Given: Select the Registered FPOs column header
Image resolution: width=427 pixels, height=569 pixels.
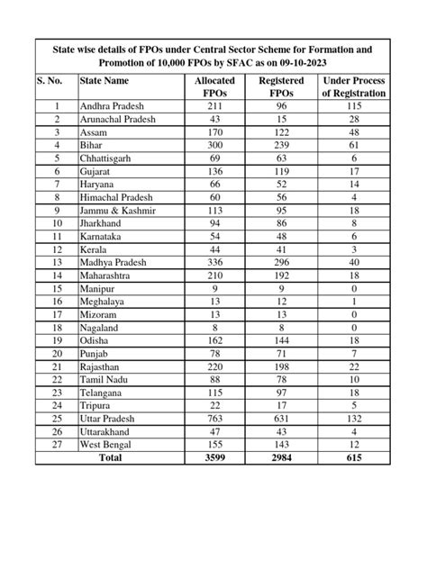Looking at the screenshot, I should coord(281,87).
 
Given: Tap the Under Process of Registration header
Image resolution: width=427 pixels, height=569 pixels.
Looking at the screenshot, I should coord(354,87).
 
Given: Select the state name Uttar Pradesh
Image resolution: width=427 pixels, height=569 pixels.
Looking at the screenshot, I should coord(112,419).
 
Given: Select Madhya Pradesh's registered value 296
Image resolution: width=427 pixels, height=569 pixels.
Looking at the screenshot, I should coord(281,262).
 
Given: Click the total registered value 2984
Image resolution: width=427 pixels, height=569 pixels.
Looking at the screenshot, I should coord(281,459).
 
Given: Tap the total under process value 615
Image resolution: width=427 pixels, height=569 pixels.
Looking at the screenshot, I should coord(354,459).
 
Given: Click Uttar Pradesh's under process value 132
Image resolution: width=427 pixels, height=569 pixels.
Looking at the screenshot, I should coord(354,419).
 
